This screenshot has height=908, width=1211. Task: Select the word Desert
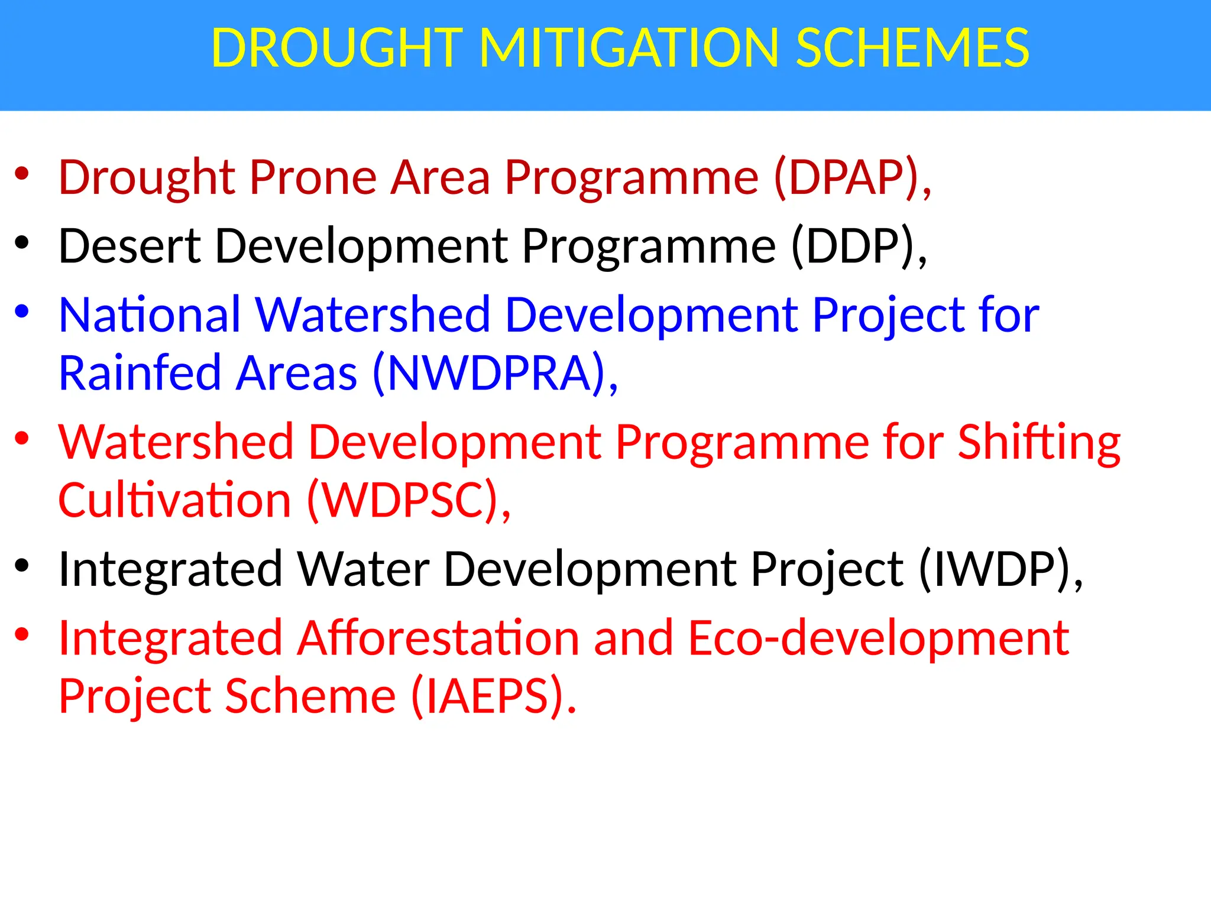click(x=129, y=245)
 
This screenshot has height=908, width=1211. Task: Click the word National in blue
click(x=149, y=314)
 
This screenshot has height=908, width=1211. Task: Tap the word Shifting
click(x=1039, y=443)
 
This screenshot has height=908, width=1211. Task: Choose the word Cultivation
click(x=174, y=500)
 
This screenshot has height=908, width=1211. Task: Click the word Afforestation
click(x=438, y=638)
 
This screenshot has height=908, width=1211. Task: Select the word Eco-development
click(x=879, y=638)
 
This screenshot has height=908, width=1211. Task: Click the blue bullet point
click(x=22, y=311)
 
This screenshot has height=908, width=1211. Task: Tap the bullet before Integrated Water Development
click(x=22, y=566)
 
